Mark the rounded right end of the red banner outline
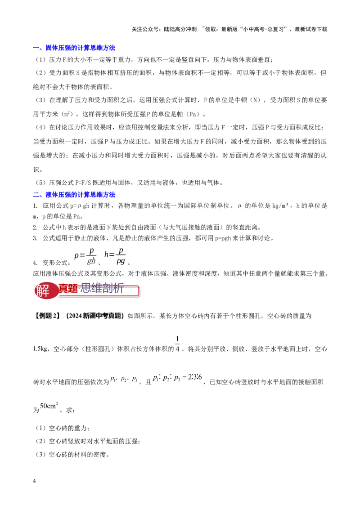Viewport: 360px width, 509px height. coord(139,291)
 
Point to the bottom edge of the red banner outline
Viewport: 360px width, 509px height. coord(99,296)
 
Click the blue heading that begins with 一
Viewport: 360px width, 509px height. coord(75,48)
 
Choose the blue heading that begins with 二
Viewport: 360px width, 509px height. coord(75,195)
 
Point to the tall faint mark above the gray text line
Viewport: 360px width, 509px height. coord(178,343)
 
